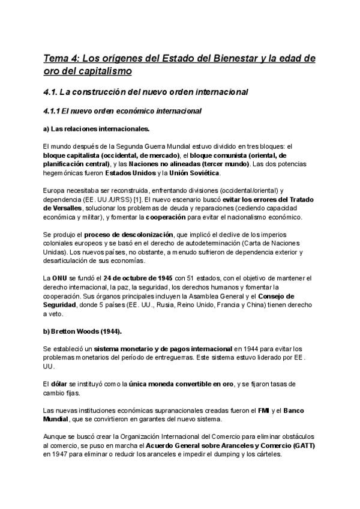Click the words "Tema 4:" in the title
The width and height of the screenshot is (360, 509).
[x=61, y=59]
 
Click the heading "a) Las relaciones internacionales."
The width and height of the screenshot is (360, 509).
[x=96, y=128]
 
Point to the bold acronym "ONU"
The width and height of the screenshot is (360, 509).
[x=58, y=278]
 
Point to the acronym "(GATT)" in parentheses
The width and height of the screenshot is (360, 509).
[x=303, y=446]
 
